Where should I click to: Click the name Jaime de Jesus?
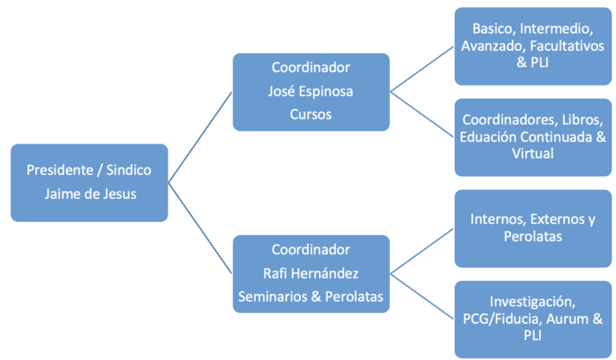(x=90, y=194)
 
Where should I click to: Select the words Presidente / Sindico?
(x=89, y=170)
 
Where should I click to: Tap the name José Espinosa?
(x=310, y=91)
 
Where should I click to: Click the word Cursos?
(x=310, y=114)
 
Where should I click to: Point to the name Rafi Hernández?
(x=310, y=273)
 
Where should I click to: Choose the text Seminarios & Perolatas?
(x=310, y=297)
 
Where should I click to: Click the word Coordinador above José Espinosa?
(x=310, y=67)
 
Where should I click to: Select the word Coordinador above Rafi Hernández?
(x=310, y=249)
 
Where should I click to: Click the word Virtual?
(x=533, y=153)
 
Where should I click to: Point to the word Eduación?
(x=488, y=136)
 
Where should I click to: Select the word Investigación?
(x=533, y=301)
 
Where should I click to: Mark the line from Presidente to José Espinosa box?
(x=200, y=137)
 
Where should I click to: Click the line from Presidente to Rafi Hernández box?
(x=200, y=228)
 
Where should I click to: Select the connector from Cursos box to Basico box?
(x=422, y=69)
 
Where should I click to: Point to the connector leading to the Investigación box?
(x=422, y=297)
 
